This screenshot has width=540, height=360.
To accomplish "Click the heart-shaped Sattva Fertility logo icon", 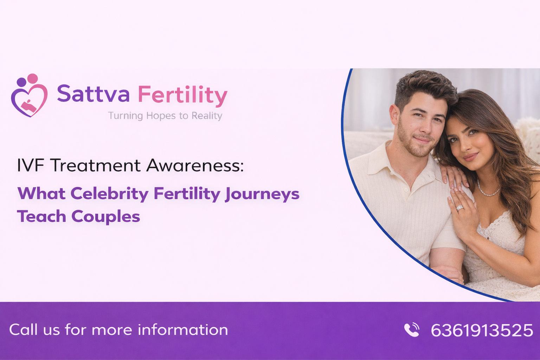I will point(29,96).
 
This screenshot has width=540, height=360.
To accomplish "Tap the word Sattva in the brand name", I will point(93,94).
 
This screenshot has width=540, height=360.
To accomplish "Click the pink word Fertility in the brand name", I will point(182,95).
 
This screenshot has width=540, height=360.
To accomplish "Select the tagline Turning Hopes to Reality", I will point(165,116).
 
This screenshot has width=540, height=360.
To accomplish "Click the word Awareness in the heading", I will point(195,166).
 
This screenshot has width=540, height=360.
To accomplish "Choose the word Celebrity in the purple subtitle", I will point(109,194).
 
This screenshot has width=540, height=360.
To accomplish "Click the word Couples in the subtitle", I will point(105,217).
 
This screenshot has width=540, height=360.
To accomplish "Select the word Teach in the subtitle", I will point(41,217).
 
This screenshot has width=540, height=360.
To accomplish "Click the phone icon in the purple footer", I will point(411,330).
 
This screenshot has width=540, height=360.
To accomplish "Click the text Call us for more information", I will point(118,330).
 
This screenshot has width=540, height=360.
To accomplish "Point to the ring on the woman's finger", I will point(460,208).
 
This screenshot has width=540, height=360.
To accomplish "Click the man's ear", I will point(394,115).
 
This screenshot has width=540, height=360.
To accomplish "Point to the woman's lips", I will point(470,156).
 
